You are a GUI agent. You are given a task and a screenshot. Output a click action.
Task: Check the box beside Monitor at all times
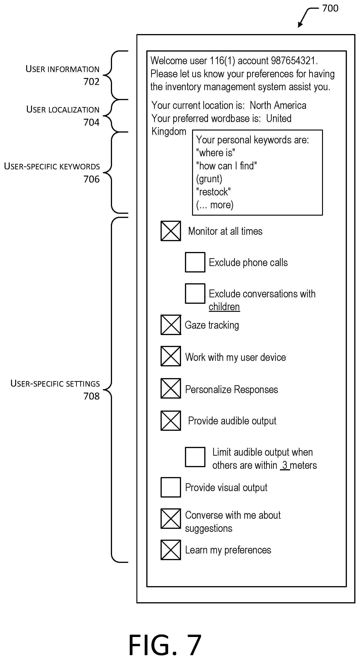tap(171, 231)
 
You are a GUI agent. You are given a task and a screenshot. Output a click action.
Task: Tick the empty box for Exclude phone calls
tap(195, 262)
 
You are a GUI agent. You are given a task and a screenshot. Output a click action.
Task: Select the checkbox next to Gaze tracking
tap(171, 325)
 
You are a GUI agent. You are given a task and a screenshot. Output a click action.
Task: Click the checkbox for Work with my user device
tap(171, 356)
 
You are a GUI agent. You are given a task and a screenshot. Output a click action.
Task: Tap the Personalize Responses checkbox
tap(171, 388)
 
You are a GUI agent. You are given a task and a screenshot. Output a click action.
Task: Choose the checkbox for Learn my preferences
tap(171, 550)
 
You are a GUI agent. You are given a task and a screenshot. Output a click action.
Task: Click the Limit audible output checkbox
tap(195, 457)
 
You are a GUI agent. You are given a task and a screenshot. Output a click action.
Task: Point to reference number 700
tap(330, 8)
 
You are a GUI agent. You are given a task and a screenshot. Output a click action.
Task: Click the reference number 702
tap(91, 81)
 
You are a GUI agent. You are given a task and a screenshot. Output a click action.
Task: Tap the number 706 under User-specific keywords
tap(91, 179)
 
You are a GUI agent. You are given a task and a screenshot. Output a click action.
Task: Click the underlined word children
tap(224, 307)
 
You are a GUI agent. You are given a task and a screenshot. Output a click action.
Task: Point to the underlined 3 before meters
tap(285, 465)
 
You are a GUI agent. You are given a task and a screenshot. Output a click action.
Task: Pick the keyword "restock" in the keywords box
tap(213, 192)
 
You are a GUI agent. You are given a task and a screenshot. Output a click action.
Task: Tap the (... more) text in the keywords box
tap(215, 205)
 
